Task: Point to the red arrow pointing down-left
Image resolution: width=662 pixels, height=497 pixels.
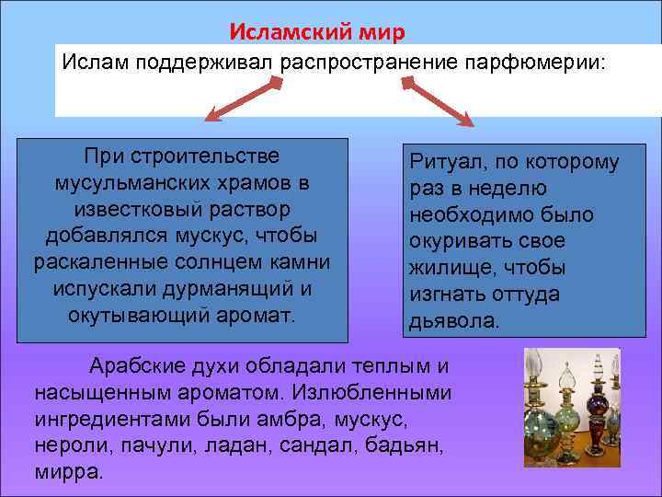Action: coord(242,100)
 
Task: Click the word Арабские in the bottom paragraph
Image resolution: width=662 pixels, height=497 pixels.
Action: coord(130,366)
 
